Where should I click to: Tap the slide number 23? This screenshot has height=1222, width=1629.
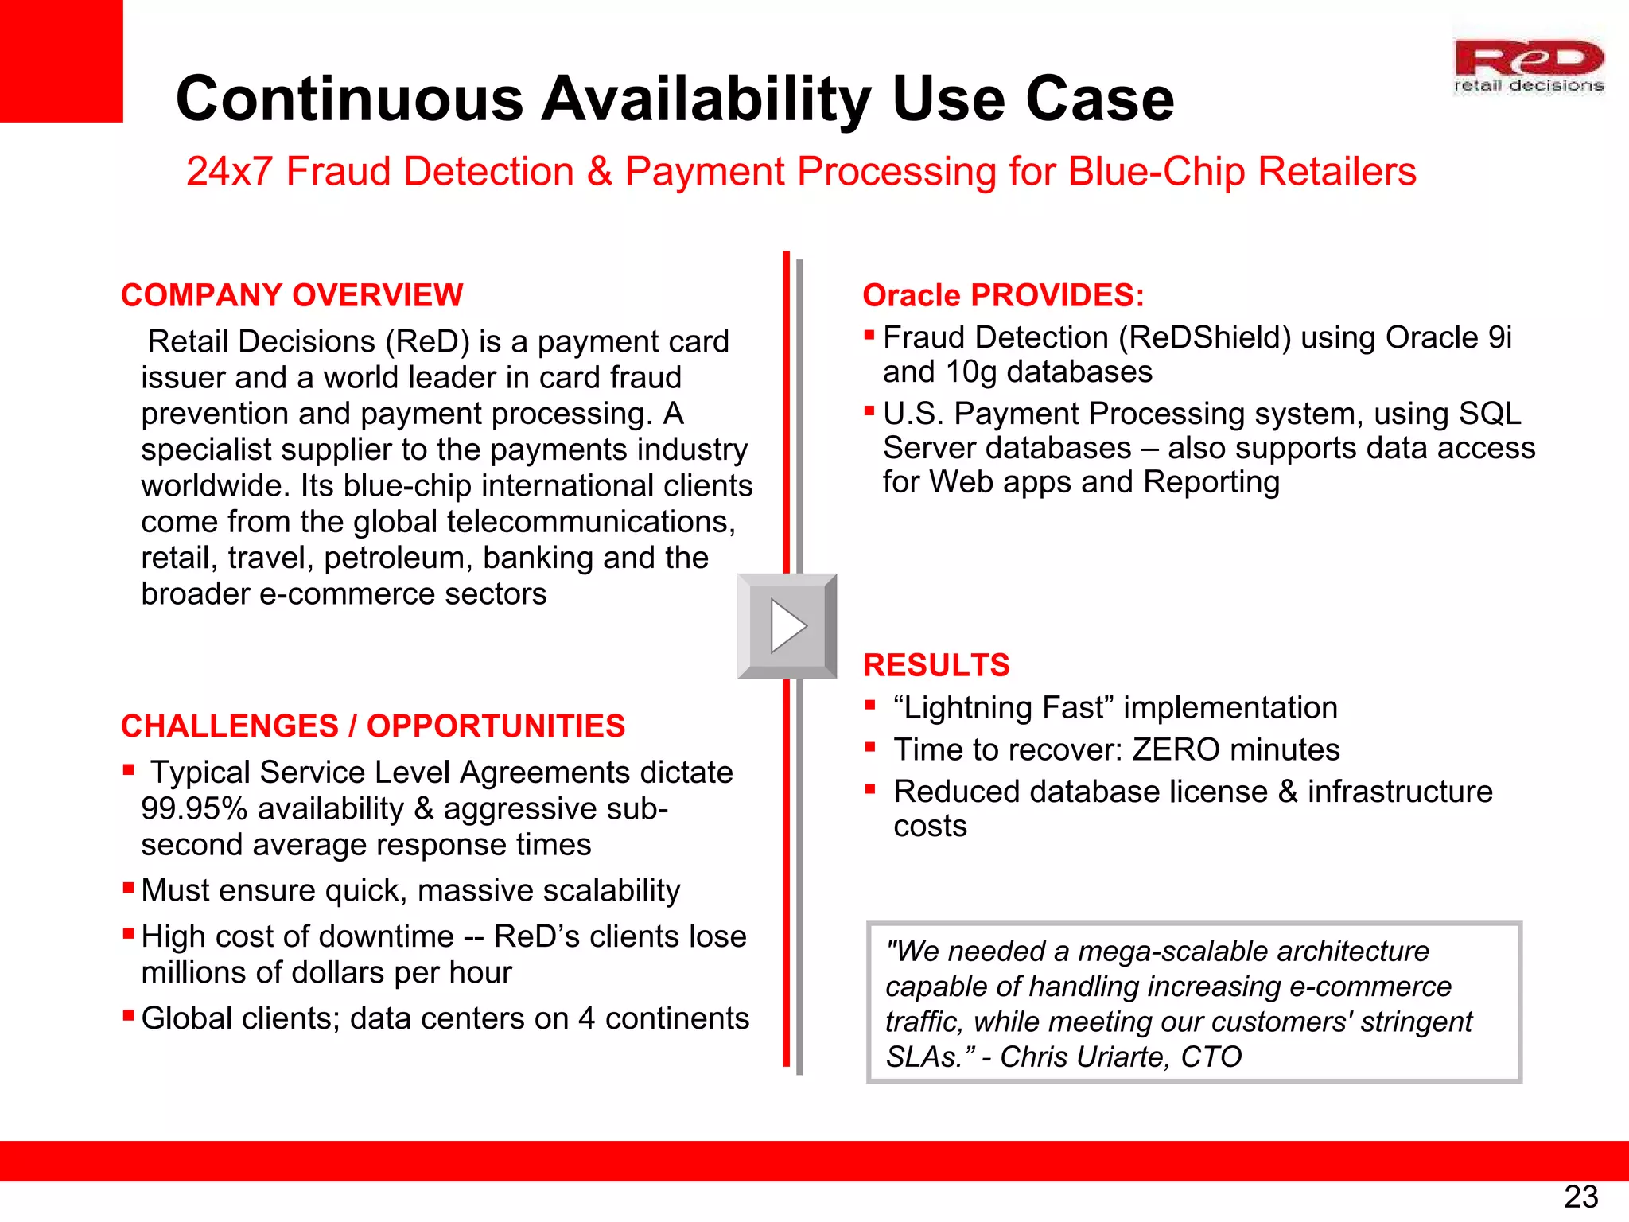tap(1580, 1197)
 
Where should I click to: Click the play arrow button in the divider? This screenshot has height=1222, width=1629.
tap(787, 626)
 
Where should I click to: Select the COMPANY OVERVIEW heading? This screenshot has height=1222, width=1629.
tap(291, 295)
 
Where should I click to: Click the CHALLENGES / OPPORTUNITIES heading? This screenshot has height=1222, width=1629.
tap(372, 726)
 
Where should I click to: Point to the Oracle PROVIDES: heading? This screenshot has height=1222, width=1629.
tap(1003, 295)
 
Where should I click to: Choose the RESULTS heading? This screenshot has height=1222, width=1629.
tap(935, 665)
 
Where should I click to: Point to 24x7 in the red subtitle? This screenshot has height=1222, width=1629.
tap(229, 171)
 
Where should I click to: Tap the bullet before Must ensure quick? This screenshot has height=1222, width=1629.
tap(128, 887)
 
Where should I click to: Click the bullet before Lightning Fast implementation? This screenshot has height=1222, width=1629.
tap(870, 704)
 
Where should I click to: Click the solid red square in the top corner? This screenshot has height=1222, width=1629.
tap(60, 60)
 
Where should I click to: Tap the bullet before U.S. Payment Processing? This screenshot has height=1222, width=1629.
tap(869, 411)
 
